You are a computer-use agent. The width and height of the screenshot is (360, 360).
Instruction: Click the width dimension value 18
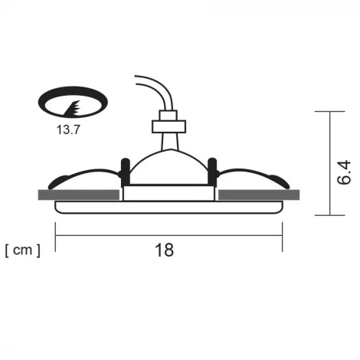164,250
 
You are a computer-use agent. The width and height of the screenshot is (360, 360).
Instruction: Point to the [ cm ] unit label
22,250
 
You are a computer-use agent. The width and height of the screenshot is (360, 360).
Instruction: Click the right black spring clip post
214,171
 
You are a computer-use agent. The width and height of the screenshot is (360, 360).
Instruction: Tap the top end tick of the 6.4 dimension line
330,112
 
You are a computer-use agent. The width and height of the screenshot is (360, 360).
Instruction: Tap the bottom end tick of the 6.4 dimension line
330,215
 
